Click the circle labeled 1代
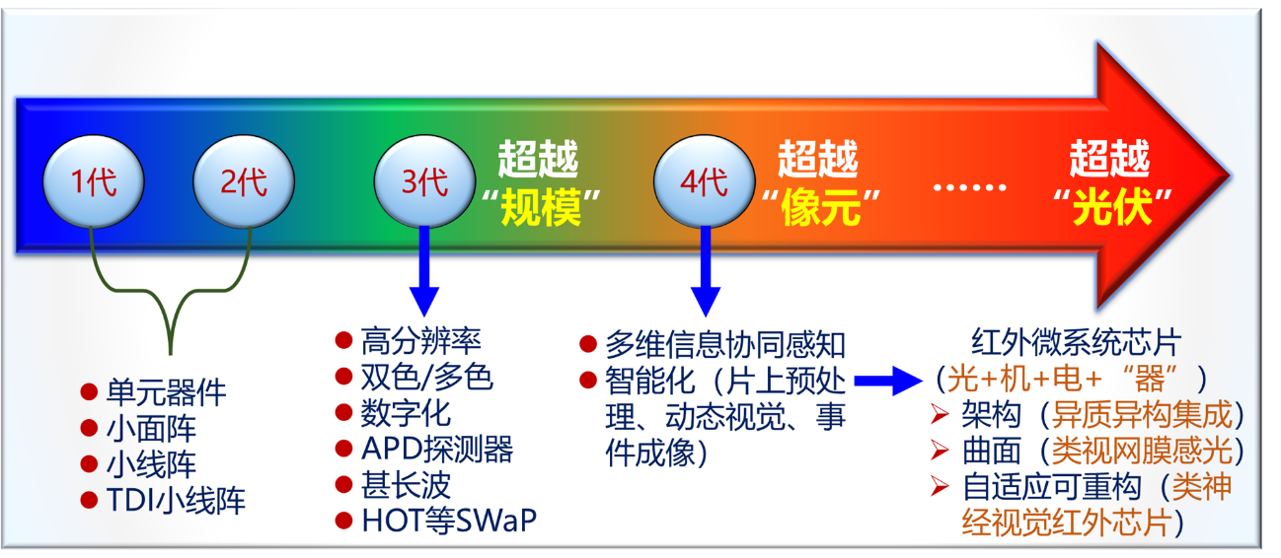click(x=94, y=181)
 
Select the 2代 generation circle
click(x=243, y=181)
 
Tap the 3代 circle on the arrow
click(x=424, y=181)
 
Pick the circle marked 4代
click(x=704, y=181)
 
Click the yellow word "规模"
click(x=539, y=209)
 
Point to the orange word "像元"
click(x=817, y=209)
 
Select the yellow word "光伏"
click(x=1112, y=209)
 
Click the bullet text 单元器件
click(x=166, y=392)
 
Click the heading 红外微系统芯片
click(x=1076, y=342)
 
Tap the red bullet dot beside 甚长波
click(x=343, y=484)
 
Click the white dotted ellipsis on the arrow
click(x=969, y=185)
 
